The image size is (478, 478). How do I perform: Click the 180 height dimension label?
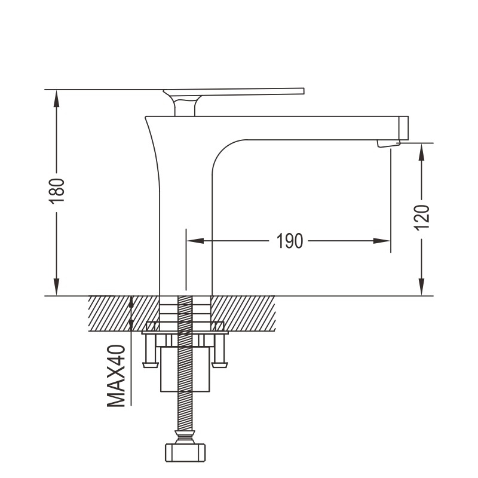(57, 191)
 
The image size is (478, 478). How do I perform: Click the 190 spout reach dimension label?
(289, 241)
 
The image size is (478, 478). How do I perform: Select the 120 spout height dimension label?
(422, 217)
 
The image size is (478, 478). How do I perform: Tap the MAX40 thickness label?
(116, 376)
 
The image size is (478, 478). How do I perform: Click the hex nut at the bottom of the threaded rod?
(185, 452)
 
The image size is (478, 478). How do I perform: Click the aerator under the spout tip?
(388, 143)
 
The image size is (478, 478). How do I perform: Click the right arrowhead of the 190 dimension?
(382, 241)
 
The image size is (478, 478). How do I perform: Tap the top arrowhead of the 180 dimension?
(56, 99)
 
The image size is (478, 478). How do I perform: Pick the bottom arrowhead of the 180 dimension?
(56, 287)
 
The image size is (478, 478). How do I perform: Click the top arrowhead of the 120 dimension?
(422, 152)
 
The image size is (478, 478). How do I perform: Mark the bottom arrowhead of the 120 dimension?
(422, 287)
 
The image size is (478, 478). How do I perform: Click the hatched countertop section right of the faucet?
(243, 313)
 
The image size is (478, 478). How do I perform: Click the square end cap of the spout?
(404, 128)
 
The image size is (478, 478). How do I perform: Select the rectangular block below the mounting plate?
(185, 369)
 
